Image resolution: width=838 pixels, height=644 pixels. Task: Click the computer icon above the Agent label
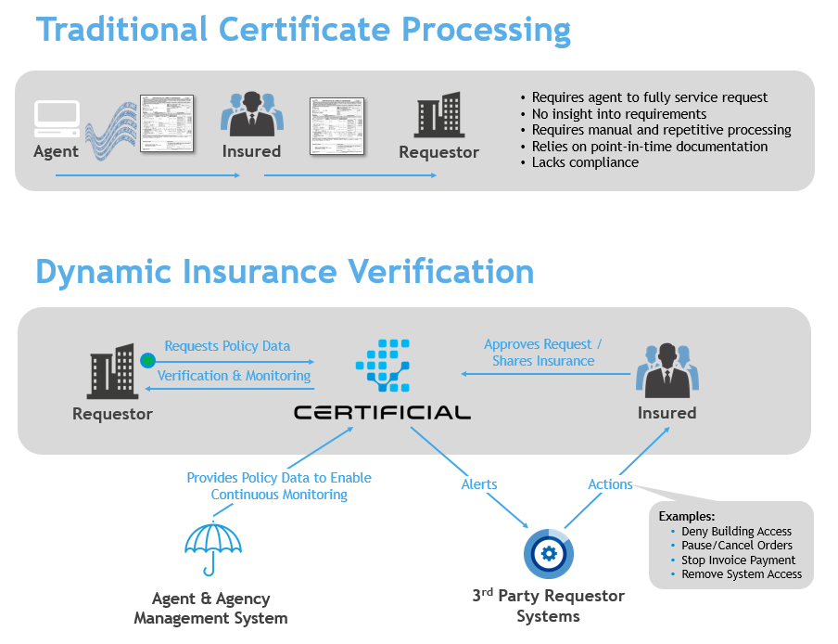coord(57,118)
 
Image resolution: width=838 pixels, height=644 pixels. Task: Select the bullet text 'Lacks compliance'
coord(585,162)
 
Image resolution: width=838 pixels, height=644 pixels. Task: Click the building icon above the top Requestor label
coord(438,115)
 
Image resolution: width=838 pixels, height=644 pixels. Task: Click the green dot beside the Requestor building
coord(146,359)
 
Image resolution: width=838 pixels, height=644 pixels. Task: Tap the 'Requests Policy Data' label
coord(227,346)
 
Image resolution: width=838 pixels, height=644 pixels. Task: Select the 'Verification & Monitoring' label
coord(234,376)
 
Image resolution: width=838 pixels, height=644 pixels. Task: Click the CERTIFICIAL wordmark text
coord(382,412)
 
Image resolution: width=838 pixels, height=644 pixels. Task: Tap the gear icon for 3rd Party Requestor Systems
coord(548,554)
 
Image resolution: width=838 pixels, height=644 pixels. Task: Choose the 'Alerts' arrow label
coord(479,484)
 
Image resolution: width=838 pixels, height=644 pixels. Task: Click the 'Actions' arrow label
coord(610,484)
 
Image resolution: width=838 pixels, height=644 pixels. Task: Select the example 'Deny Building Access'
coord(736,532)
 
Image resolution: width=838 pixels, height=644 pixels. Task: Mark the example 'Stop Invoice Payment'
coord(738,560)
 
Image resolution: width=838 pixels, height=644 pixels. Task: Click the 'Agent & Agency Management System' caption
coord(210,609)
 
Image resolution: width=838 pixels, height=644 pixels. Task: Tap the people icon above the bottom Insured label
coord(667,369)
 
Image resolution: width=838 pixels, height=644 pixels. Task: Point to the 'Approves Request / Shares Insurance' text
coord(543,353)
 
